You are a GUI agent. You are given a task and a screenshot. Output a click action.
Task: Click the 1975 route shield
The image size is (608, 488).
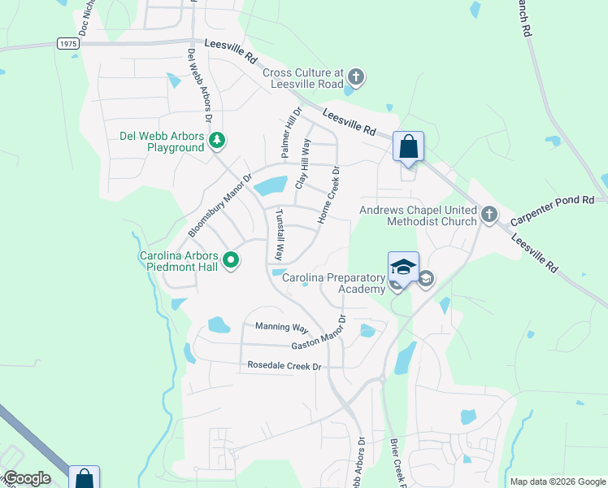click(x=67, y=42)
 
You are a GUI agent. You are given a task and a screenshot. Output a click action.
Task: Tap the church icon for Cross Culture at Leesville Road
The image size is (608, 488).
click(x=355, y=78)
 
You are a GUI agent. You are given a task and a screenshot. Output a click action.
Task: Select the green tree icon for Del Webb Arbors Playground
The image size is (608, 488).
click(x=217, y=142)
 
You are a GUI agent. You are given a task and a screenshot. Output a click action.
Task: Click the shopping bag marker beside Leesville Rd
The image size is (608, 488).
click(x=409, y=147)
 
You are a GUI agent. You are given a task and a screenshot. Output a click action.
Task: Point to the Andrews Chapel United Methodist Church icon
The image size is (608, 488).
click(x=489, y=214)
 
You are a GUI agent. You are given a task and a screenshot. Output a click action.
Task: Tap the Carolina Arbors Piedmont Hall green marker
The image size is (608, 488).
click(x=231, y=260)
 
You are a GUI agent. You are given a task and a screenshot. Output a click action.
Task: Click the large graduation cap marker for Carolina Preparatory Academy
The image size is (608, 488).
click(x=403, y=267)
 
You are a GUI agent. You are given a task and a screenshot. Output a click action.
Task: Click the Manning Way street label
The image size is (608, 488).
click(x=281, y=328)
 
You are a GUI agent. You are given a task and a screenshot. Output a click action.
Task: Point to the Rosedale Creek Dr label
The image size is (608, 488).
click(x=284, y=367)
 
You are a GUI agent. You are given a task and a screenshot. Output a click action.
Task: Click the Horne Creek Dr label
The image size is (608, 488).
click(x=326, y=198)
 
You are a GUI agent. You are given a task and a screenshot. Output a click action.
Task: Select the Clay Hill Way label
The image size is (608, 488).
click(x=302, y=163)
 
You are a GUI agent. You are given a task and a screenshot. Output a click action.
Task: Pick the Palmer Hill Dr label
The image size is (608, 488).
click(x=291, y=133)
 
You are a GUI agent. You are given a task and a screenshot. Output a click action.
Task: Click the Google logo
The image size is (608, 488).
click(x=26, y=478)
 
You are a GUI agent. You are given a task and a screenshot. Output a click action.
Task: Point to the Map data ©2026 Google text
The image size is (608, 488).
click(x=558, y=481)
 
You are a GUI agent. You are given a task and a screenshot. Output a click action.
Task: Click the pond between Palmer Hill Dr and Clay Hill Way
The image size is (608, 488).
click(x=271, y=186)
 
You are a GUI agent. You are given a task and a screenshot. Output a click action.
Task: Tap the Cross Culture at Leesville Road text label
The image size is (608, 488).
click(x=303, y=78)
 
